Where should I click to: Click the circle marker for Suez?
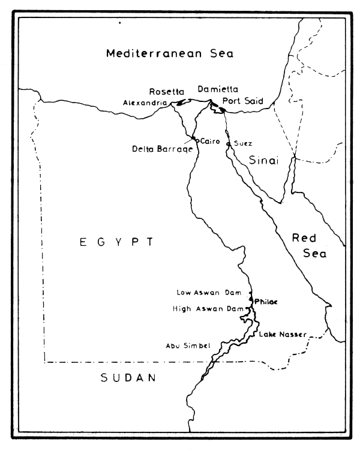pos(229,143)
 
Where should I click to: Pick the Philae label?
pos(266,301)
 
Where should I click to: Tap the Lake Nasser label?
pos(283,334)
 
